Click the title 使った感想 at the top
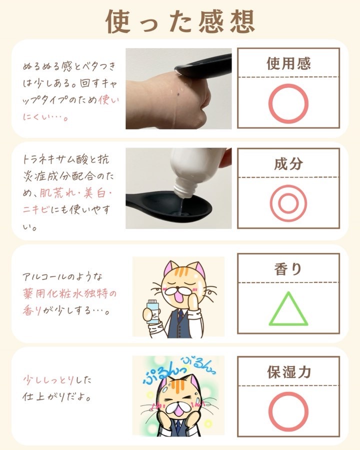point(180,21)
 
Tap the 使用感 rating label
point(288,63)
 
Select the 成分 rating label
point(288,163)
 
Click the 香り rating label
point(288,269)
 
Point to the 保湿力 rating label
point(289,372)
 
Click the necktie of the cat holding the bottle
point(180,315)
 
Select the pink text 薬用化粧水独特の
point(70,293)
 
